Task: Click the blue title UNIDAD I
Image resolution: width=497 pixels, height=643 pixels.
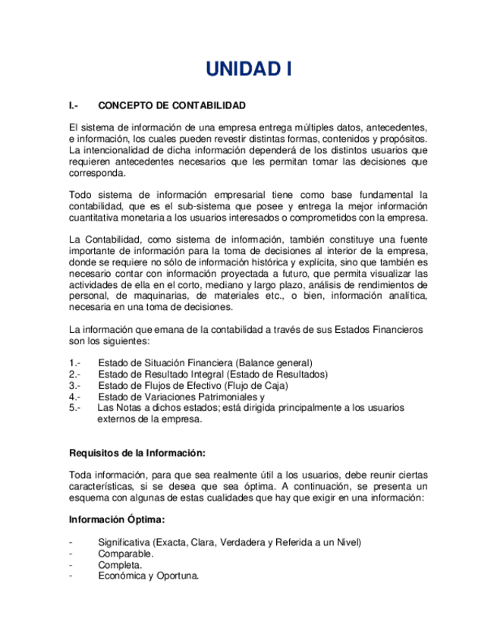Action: click(x=248, y=69)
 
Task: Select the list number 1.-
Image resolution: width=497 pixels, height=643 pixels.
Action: click(x=74, y=362)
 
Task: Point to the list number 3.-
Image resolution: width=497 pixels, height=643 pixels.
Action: click(x=74, y=385)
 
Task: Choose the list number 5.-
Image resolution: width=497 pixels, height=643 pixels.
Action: click(x=74, y=407)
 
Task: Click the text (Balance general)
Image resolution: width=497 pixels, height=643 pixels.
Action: click(x=274, y=362)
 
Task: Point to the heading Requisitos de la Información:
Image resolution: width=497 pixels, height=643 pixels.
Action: click(x=137, y=453)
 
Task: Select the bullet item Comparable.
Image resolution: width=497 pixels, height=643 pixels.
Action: click(x=125, y=554)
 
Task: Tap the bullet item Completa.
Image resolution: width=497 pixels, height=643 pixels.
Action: click(x=120, y=565)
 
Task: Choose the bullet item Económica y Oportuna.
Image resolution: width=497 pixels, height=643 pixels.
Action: click(x=148, y=576)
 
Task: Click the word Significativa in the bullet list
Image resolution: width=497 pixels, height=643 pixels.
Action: click(x=124, y=542)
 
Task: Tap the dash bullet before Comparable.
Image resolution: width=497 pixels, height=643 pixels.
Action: click(x=71, y=554)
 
